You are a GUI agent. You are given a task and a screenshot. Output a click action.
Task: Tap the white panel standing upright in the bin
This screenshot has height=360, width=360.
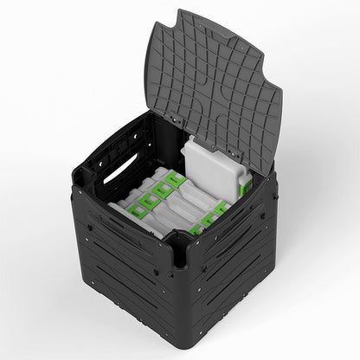[211, 169]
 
